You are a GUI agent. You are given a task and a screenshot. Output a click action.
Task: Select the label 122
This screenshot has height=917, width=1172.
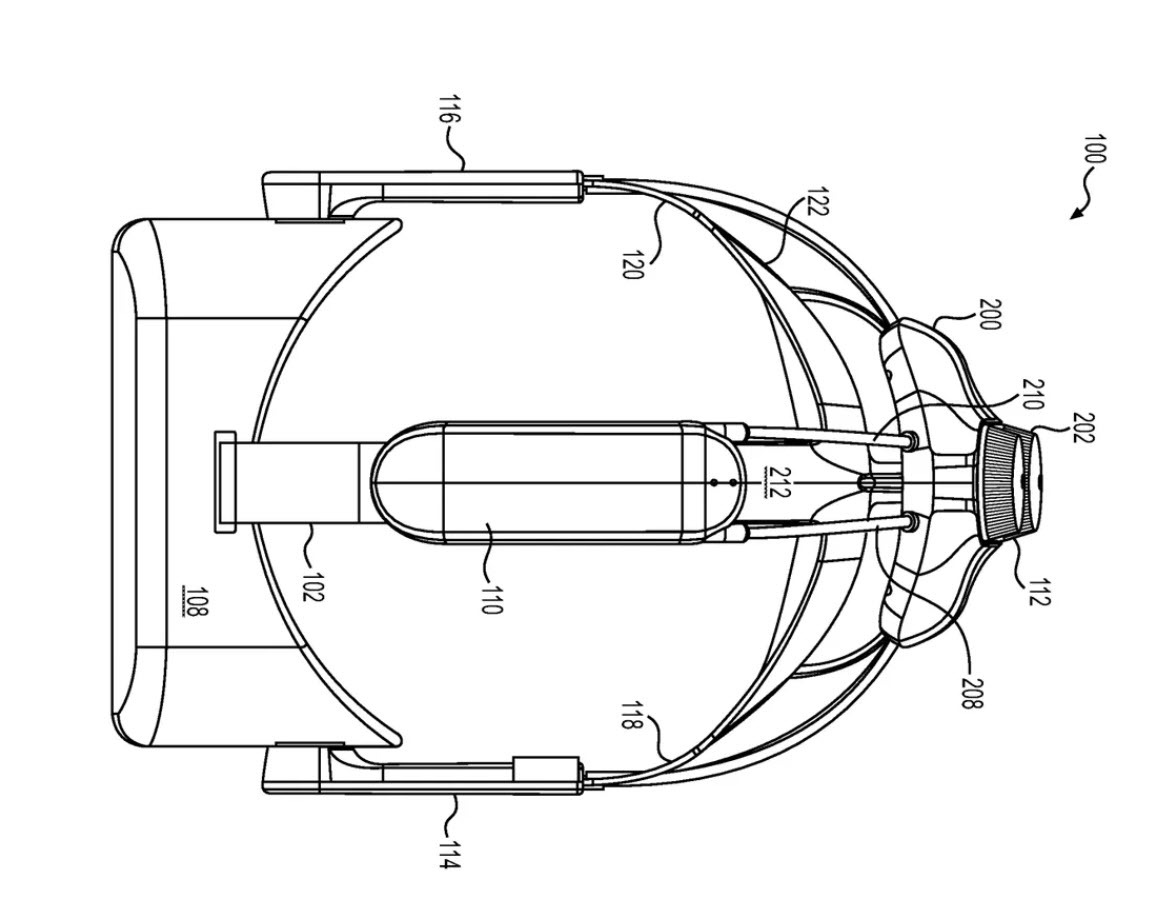[x=817, y=203]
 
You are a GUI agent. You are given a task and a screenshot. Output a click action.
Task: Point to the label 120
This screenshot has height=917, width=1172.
[x=632, y=263]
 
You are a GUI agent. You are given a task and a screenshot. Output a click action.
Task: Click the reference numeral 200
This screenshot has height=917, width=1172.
[x=989, y=315]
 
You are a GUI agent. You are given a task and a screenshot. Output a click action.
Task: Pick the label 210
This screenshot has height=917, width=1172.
[x=1032, y=394]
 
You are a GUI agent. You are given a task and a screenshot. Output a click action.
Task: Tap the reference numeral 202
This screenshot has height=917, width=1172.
[x=1084, y=427]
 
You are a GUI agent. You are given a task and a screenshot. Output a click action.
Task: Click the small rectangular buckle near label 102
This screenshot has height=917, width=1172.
[x=225, y=482]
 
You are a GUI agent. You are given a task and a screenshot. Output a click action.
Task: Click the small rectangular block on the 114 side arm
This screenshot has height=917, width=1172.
[x=546, y=769]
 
